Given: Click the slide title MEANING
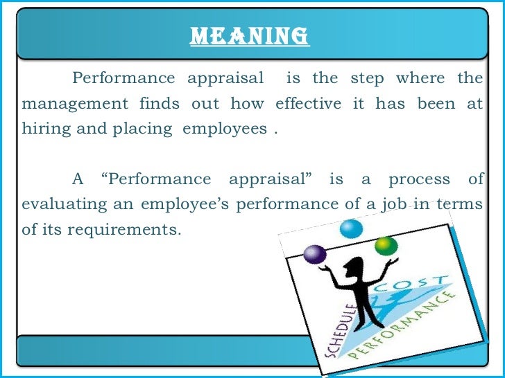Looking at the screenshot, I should pos(250,35).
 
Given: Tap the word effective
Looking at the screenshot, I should pos(308,104).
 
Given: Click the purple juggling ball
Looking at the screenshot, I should pos(314,254).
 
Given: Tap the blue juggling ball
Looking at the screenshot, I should pos(352,228).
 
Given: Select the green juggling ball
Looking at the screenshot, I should pos(386,245).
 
